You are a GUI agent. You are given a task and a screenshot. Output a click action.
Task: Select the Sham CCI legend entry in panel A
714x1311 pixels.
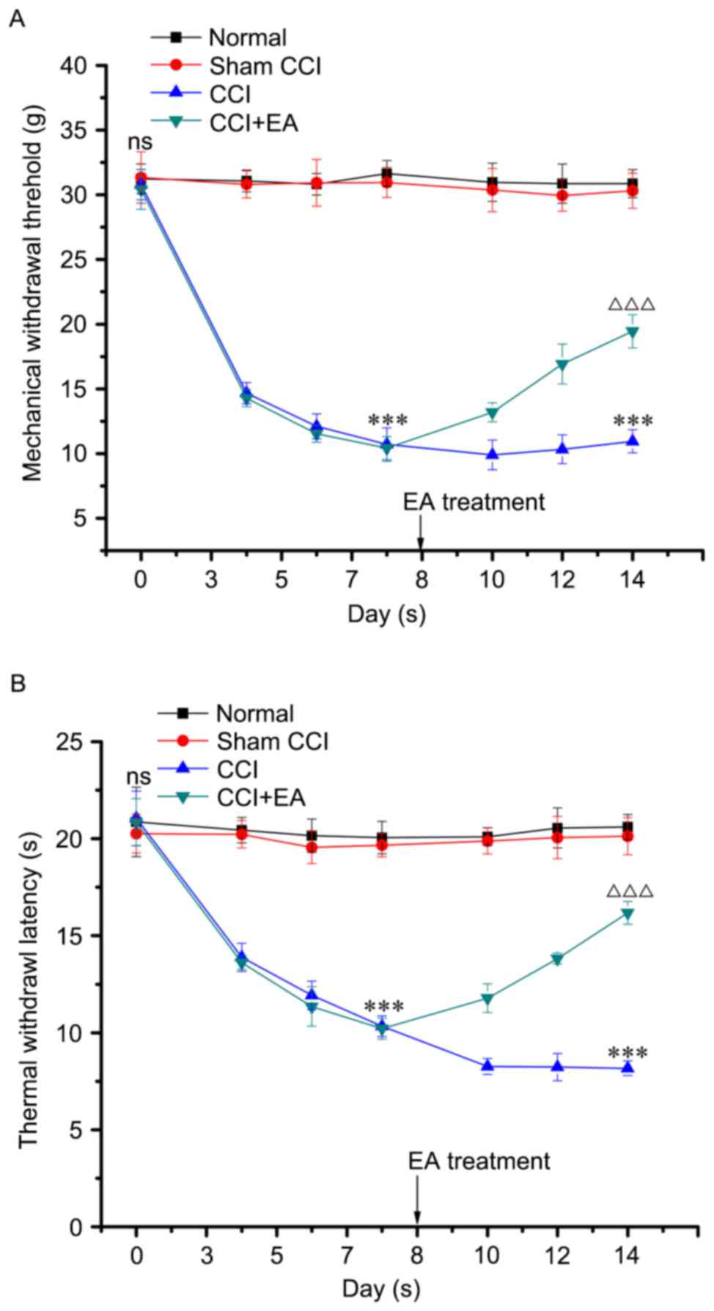click(265, 66)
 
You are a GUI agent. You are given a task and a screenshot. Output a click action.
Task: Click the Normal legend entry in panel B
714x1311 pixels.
click(254, 713)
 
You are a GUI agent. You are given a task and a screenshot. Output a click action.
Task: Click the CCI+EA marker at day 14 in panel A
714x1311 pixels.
click(632, 332)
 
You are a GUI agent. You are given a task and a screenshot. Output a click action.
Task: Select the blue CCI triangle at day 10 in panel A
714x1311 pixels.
click(491, 455)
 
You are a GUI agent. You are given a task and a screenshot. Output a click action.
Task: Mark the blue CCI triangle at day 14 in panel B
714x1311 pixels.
click(627, 1068)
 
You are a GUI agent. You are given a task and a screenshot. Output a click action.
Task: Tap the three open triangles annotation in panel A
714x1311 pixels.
click(631, 304)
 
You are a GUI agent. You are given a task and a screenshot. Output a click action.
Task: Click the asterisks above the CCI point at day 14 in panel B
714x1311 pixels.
click(627, 1054)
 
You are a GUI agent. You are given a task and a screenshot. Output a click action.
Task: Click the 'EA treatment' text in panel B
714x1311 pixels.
click(479, 1161)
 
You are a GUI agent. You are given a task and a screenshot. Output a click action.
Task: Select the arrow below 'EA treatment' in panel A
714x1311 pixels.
click(421, 532)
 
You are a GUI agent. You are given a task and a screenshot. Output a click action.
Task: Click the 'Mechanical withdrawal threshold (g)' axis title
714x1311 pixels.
click(32, 308)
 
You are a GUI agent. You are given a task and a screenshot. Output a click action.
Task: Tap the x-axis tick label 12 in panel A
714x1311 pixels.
click(562, 579)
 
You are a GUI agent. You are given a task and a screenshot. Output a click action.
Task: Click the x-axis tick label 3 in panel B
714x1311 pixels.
click(206, 1254)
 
